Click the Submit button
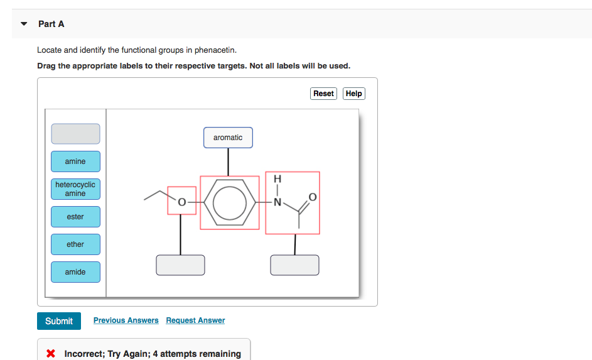click(x=59, y=321)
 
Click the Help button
click(x=354, y=94)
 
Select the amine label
click(x=75, y=161)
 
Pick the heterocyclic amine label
click(x=75, y=189)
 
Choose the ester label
click(x=75, y=217)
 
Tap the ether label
click(x=75, y=244)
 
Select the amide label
click(x=75, y=272)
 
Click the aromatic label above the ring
click(x=228, y=138)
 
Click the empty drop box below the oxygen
click(x=180, y=265)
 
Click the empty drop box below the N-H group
click(x=294, y=265)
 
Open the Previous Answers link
click(x=126, y=320)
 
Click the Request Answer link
click(x=195, y=320)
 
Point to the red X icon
click(x=52, y=354)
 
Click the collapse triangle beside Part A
click(x=24, y=24)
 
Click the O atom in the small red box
click(x=181, y=202)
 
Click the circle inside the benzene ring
click(x=230, y=202)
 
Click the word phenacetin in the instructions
click(x=215, y=50)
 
